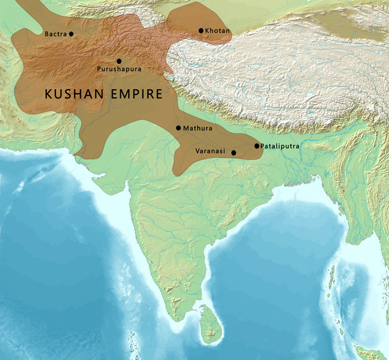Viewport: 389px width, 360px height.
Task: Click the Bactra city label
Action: [55, 34]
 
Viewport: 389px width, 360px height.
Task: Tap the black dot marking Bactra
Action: [72, 34]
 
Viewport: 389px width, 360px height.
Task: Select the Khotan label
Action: [217, 31]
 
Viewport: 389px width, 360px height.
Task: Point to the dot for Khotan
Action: [201, 31]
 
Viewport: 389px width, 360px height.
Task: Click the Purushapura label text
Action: [119, 70]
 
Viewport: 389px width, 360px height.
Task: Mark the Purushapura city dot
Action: [119, 61]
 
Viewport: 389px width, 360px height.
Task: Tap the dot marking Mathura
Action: [179, 128]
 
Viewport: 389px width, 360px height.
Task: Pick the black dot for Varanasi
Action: [234, 153]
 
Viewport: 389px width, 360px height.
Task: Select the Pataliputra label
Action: [280, 146]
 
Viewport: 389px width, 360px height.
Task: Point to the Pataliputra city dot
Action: [257, 146]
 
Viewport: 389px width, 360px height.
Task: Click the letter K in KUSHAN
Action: [50, 95]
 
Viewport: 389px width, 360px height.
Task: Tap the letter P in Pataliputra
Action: [263, 146]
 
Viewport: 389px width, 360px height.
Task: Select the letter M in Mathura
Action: [186, 129]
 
